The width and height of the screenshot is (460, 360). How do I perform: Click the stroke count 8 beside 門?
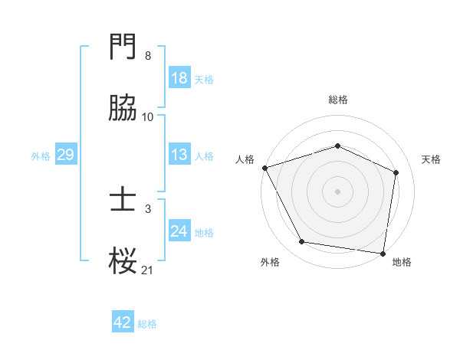pyautogui.click(x=148, y=56)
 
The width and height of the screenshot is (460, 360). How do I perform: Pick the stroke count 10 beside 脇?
pyautogui.click(x=148, y=116)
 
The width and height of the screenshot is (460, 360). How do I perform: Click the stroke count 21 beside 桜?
pyautogui.click(x=148, y=270)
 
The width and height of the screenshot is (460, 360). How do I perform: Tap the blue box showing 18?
pyautogui.click(x=179, y=78)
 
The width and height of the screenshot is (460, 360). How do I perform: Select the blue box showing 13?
pyautogui.click(x=179, y=155)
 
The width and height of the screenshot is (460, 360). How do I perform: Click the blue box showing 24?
pyautogui.click(x=179, y=231)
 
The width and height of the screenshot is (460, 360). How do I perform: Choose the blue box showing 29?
pyautogui.click(x=65, y=155)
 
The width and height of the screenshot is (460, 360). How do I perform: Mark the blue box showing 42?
pyautogui.click(x=122, y=323)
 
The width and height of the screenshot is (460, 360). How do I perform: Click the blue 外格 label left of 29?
pyautogui.click(x=41, y=155)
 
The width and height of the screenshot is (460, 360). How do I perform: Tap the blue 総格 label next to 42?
pyautogui.click(x=147, y=324)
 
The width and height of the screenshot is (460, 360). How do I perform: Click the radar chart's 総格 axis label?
pyautogui.click(x=338, y=100)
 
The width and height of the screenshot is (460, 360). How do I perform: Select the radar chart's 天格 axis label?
pyautogui.click(x=432, y=159)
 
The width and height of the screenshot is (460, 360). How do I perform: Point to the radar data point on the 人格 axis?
pyautogui.click(x=264, y=168)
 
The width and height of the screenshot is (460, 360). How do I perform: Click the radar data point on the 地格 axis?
pyautogui.click(x=383, y=253)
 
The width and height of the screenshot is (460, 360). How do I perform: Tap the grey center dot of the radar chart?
pyautogui.click(x=338, y=191)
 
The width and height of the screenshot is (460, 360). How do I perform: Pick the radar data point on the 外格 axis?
pyautogui.click(x=302, y=242)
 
